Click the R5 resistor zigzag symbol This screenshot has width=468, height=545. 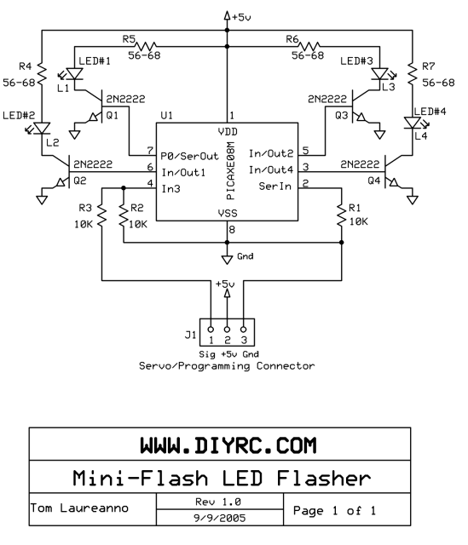(x=145, y=46)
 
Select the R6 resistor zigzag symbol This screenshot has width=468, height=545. (x=309, y=46)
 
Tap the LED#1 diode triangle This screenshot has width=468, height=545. (x=74, y=74)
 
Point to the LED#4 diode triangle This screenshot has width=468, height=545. (x=413, y=123)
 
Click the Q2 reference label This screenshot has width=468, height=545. (x=79, y=181)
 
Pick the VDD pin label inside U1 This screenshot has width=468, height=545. (x=228, y=132)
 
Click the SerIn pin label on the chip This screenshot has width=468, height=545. (x=274, y=186)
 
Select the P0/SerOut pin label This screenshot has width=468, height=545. (x=189, y=156)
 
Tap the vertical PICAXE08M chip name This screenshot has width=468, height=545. (x=230, y=170)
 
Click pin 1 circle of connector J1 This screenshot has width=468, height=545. (x=211, y=330)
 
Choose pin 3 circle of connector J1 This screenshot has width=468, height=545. (x=244, y=330)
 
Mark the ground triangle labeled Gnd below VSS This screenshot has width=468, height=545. (x=227, y=260)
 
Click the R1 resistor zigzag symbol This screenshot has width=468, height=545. (x=341, y=215)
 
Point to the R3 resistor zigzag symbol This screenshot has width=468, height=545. (x=101, y=215)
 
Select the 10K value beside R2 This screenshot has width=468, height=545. (x=138, y=225)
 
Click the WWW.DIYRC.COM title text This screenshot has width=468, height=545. (x=228, y=445)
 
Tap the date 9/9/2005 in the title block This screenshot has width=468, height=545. (x=220, y=519)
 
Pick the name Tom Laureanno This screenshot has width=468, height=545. (x=79, y=508)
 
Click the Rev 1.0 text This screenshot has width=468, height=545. (x=218, y=502)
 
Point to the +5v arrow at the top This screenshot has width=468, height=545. (x=227, y=16)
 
